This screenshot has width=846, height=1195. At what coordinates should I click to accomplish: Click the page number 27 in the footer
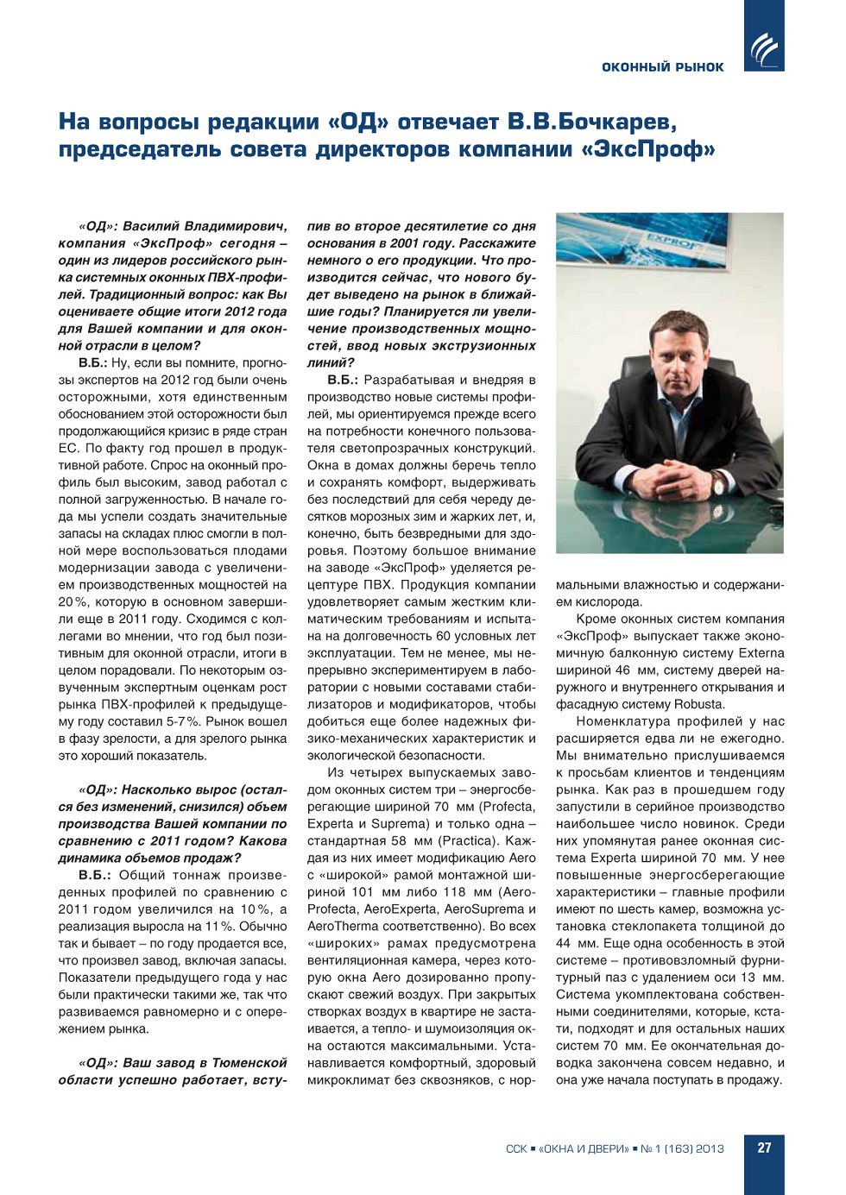point(764,1148)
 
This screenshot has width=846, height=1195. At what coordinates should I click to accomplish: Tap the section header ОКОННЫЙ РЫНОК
point(662,67)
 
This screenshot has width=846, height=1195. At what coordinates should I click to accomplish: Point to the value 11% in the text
point(219,926)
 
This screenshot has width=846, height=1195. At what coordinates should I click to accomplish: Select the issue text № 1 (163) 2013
point(682,1148)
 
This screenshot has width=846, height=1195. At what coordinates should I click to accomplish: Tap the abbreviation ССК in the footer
point(516,1148)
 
